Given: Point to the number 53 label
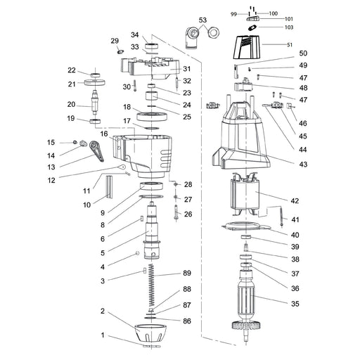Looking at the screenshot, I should [203, 20].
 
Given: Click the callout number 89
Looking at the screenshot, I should [186, 273].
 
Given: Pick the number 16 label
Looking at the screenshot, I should [103, 133].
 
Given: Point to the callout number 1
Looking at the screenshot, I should [102, 335].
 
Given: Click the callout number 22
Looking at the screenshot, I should [72, 70].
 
